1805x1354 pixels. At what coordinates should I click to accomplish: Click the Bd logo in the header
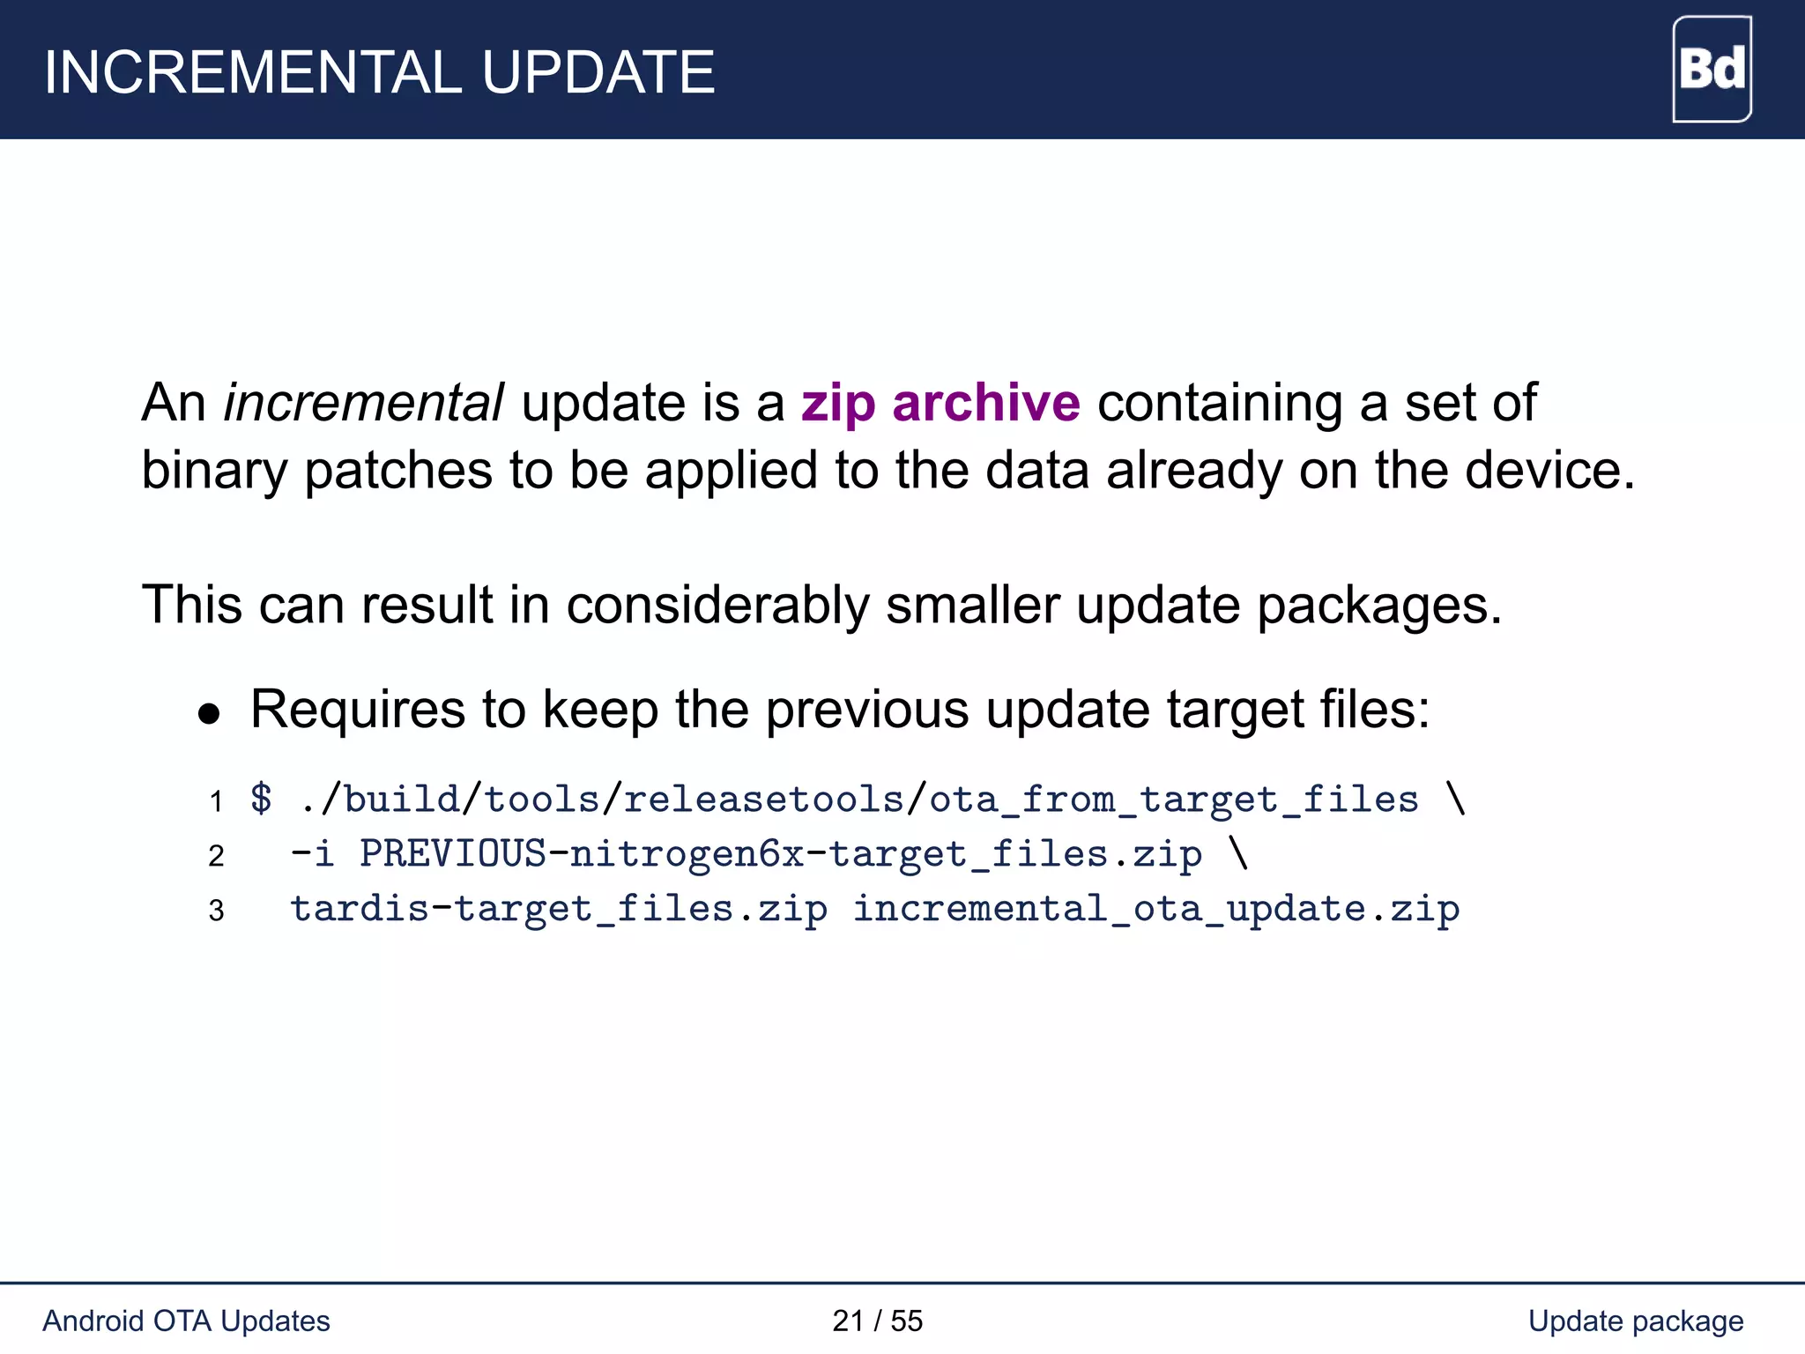tap(1712, 70)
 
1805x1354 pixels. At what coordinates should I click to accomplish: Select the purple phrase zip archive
tap(940, 403)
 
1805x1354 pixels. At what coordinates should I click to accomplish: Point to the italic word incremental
tap(363, 403)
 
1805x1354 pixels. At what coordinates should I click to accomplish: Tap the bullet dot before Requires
tap(209, 713)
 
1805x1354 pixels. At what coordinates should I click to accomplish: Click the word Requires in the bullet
tap(358, 709)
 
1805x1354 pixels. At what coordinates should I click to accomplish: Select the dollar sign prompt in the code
tap(261, 799)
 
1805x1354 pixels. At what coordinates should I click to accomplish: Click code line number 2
tap(216, 856)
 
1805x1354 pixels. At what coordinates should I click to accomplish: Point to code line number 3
tap(216, 911)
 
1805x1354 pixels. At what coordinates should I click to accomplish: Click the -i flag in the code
tap(312, 854)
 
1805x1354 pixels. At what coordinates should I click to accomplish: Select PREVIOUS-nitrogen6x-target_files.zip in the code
tap(780, 854)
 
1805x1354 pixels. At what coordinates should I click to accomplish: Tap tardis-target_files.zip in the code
tap(559, 909)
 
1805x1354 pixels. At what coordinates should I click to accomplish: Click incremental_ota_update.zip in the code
tap(1155, 909)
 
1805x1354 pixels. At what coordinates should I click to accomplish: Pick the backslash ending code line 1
tap(1455, 799)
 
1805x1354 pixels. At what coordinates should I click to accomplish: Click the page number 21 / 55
tap(877, 1321)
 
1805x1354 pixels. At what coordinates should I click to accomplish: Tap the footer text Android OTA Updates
tap(186, 1321)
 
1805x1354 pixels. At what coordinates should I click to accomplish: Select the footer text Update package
tap(1635, 1321)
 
